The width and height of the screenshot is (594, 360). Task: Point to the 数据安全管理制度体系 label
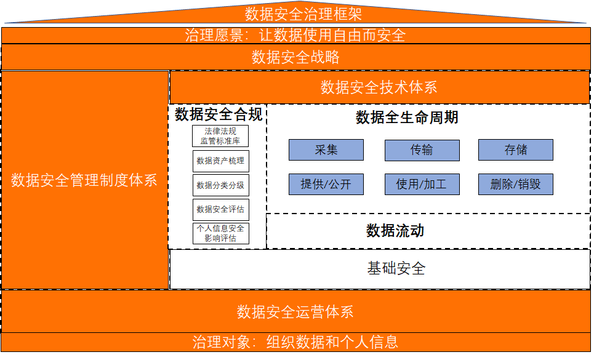pyautogui.click(x=84, y=180)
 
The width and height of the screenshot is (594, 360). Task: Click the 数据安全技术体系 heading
pyautogui.click(x=379, y=87)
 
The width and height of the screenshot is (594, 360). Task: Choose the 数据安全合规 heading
pyautogui.click(x=219, y=114)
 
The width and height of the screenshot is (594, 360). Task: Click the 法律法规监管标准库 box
pyautogui.click(x=220, y=136)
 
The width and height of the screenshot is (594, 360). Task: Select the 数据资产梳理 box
pyautogui.click(x=220, y=161)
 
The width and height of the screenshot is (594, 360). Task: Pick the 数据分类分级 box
pyautogui.click(x=220, y=185)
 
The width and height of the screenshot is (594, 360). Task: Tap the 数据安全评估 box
pyautogui.click(x=220, y=210)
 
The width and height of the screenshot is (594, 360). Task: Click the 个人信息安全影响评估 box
pyautogui.click(x=220, y=233)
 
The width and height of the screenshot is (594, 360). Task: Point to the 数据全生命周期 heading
pyautogui.click(x=407, y=117)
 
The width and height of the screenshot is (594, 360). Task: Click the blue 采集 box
pyautogui.click(x=326, y=150)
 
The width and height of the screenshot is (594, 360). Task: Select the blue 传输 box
pyautogui.click(x=422, y=150)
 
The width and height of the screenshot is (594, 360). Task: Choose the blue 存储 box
pyautogui.click(x=515, y=150)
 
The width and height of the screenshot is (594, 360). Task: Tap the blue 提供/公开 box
pyautogui.click(x=326, y=183)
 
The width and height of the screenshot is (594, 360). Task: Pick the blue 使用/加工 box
pyautogui.click(x=422, y=183)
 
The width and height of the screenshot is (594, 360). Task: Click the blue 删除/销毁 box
pyautogui.click(x=515, y=183)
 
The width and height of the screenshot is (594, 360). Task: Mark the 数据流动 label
pyautogui.click(x=395, y=231)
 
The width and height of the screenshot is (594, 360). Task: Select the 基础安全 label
pyautogui.click(x=396, y=268)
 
